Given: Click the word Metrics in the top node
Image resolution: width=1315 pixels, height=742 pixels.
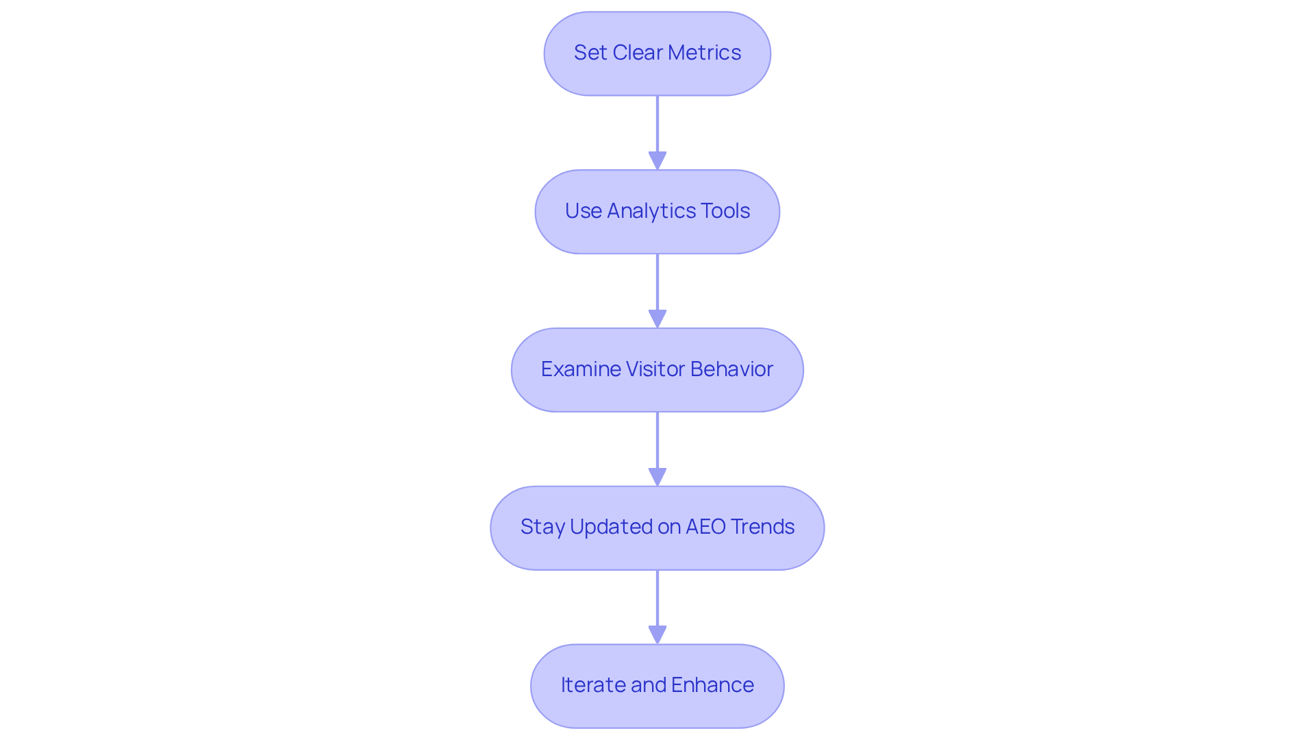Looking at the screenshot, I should pos(704,53).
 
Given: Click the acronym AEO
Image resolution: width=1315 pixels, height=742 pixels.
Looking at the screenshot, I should pos(705,527).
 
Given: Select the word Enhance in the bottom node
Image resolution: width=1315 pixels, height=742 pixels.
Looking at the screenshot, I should pos(712,685).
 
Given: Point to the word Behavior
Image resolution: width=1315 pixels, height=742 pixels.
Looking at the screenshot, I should pos(731,369).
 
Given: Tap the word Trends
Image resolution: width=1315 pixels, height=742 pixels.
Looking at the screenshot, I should pos(762,527).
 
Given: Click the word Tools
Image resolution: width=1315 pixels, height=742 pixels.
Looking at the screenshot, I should pos(725,211).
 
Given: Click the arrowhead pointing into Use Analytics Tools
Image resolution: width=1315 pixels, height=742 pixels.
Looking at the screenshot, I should pos(657,160).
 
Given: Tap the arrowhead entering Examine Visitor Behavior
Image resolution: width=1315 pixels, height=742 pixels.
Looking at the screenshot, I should pos(657,319).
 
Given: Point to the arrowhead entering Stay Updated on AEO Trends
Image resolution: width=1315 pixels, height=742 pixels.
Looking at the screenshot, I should pos(657,477).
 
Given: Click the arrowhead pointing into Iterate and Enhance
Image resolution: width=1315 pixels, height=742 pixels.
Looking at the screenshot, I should pos(657,634).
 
